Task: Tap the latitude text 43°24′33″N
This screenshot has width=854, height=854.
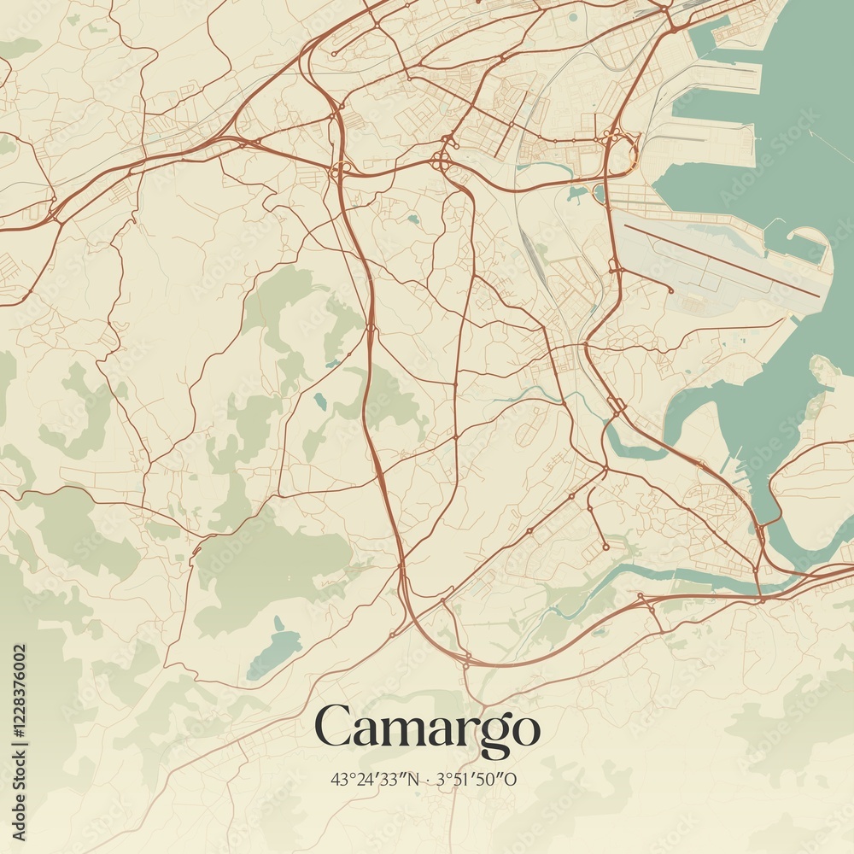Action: click(373, 779)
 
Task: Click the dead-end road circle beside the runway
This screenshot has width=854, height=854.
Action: click(671, 291)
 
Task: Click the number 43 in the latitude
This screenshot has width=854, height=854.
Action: click(338, 779)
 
